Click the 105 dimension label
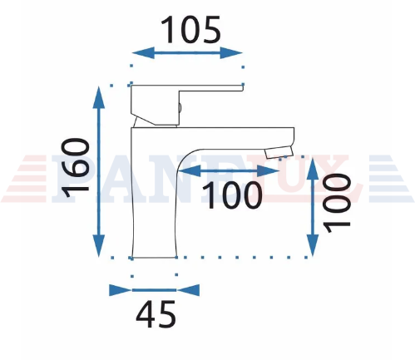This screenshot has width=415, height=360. pos(190,30)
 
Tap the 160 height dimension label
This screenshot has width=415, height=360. pos(76,168)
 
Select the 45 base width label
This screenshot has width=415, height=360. pos(156,314)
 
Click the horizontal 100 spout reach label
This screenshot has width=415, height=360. pos(232,195)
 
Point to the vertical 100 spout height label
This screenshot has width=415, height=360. pos(338,203)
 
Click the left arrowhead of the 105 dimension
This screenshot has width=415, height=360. pos(143,52)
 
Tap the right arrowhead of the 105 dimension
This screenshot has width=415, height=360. pos(231,52)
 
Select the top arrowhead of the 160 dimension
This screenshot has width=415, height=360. pos(98,97)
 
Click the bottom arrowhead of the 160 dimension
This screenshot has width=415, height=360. pos(98,245)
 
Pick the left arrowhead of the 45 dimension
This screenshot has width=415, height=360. pos(121,290)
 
